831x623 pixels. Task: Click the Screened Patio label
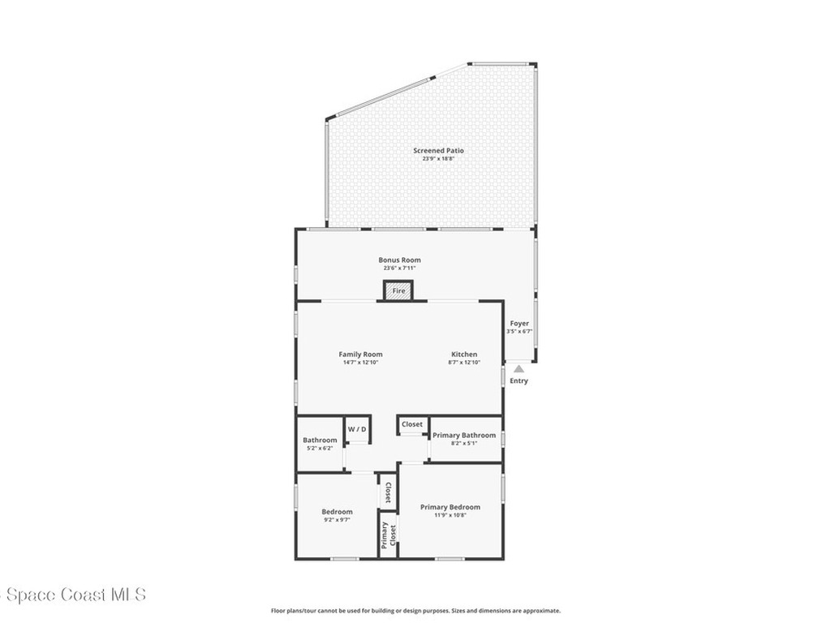pos(438,150)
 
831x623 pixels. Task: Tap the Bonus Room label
pos(399,260)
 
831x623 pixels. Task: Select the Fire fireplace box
pos(398,290)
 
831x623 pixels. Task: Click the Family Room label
pos(360,354)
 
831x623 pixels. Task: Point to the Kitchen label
pos(464,354)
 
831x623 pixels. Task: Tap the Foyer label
pos(519,323)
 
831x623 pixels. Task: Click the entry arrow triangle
pos(519,369)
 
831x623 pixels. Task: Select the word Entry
pos(519,380)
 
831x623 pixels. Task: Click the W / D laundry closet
pos(357,429)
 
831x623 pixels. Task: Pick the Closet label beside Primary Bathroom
pos(412,424)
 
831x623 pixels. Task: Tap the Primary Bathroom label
pos(464,436)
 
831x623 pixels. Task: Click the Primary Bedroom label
pos(450,507)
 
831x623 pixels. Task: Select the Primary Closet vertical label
pos(388,535)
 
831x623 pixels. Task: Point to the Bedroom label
pos(337,511)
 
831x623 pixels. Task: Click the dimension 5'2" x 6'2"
pos(320,448)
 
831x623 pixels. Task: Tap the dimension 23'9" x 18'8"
pos(438,159)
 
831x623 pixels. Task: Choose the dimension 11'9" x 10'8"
pos(450,515)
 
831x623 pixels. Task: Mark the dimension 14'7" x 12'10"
pos(360,362)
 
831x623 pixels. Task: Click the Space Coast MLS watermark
pos(73,595)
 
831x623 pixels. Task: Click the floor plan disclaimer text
pos(415,611)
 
